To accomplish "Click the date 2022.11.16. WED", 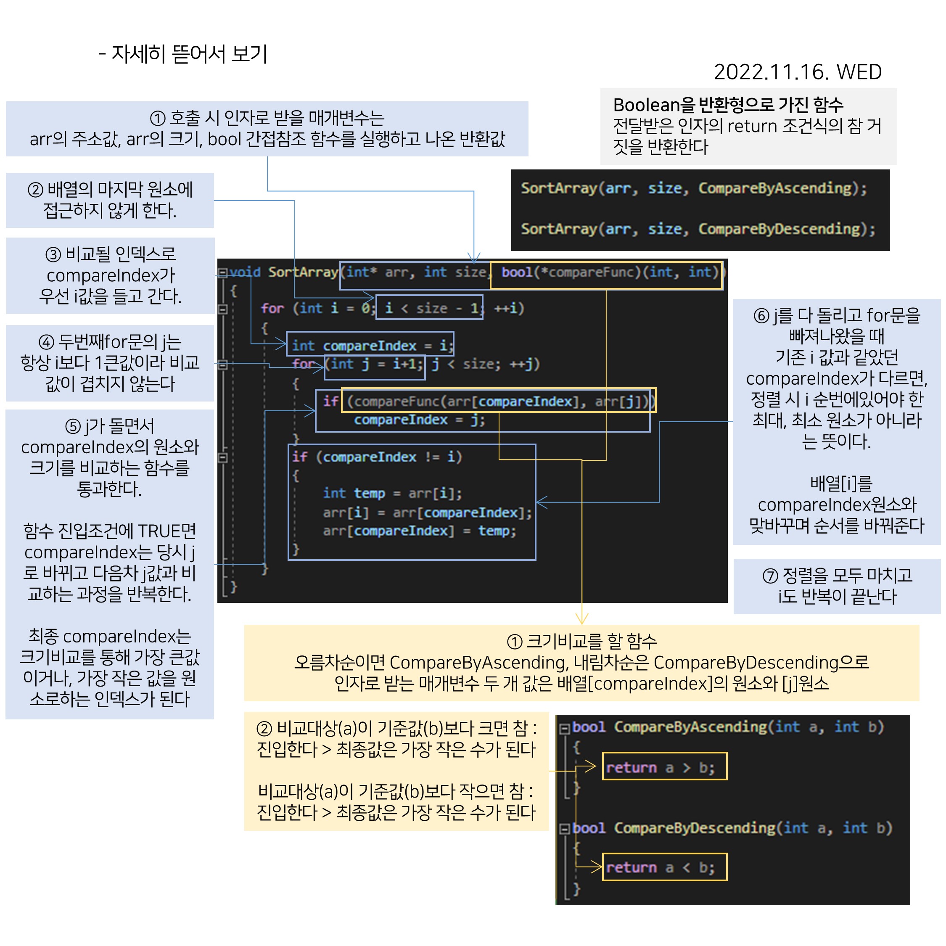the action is click(x=797, y=72).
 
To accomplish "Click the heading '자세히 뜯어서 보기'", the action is click(x=189, y=54).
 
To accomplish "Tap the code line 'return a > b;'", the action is click(x=660, y=767).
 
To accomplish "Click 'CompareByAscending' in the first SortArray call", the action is click(x=782, y=188).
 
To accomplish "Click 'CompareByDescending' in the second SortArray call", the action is click(x=786, y=229).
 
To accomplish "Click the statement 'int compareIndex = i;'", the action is click(x=371, y=345).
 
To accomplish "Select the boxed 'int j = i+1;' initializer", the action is click(x=375, y=364).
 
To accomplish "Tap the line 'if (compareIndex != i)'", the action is click(x=377, y=457).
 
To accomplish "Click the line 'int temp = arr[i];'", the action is click(x=392, y=493).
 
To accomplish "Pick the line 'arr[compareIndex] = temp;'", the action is click(x=419, y=531).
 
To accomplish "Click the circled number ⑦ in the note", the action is click(x=770, y=575).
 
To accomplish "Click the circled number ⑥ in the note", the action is click(x=761, y=316).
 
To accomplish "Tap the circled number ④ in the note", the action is click(x=46, y=342).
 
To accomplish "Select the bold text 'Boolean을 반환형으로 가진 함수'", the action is click(x=728, y=105).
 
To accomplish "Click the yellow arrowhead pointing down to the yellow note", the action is click(x=582, y=619).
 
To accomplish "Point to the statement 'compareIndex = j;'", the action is click(x=419, y=420).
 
